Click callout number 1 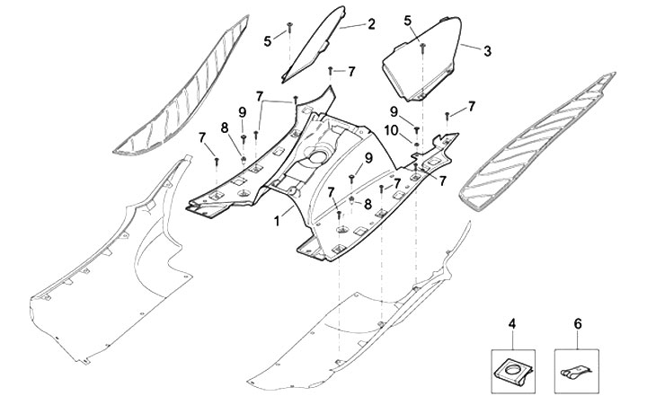point(278,218)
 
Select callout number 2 point(371,24)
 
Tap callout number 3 point(487,51)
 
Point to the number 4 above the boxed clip point(511,322)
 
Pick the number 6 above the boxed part point(577,322)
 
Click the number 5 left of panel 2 point(268,40)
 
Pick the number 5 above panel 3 point(407,20)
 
